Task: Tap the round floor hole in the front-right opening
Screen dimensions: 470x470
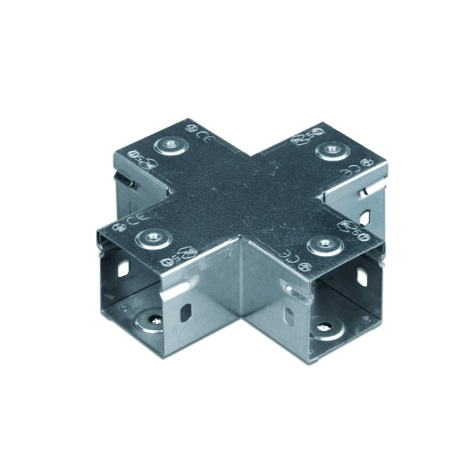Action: [325, 324]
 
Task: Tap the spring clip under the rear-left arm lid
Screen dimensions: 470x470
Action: [121, 180]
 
